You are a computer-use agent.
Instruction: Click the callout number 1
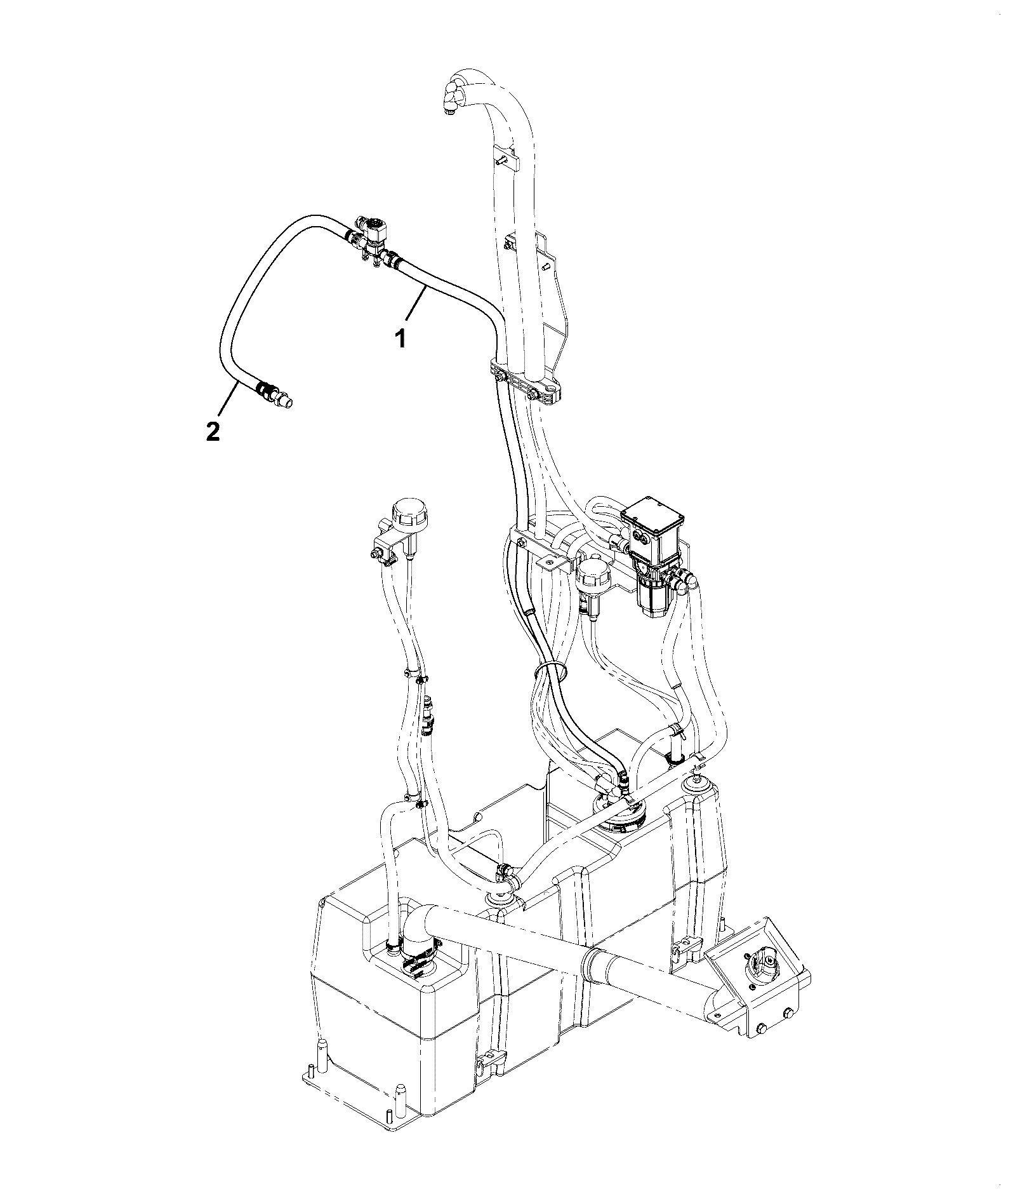[x=401, y=339]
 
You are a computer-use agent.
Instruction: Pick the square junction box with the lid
[x=654, y=520]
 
